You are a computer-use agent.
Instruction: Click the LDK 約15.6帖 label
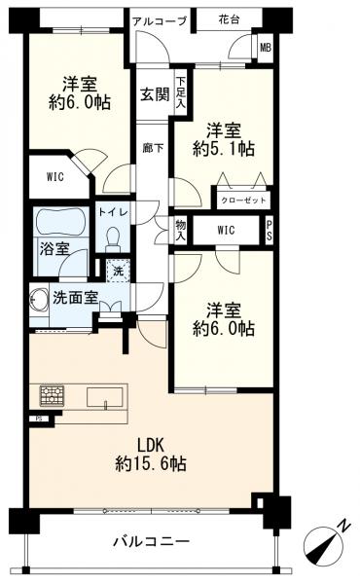[149, 453]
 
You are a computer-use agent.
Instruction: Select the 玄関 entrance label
[152, 94]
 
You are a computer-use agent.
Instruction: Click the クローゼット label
[240, 198]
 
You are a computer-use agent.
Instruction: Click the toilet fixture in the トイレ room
[111, 238]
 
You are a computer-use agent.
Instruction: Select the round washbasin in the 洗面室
[41, 299]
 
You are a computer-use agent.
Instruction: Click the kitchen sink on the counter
[103, 396]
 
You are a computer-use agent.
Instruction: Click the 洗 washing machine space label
[118, 272]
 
